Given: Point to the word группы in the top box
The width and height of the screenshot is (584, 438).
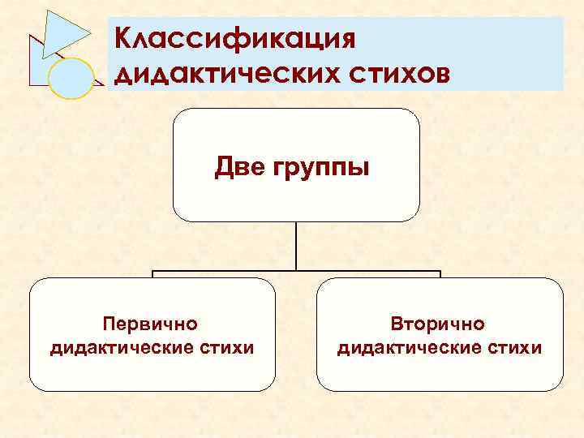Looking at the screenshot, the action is click(x=320, y=170).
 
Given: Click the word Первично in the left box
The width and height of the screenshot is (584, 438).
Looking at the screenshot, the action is click(x=150, y=324).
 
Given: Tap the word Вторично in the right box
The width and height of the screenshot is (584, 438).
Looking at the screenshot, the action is click(x=438, y=324).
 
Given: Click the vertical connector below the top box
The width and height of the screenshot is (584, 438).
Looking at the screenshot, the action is click(x=296, y=246).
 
